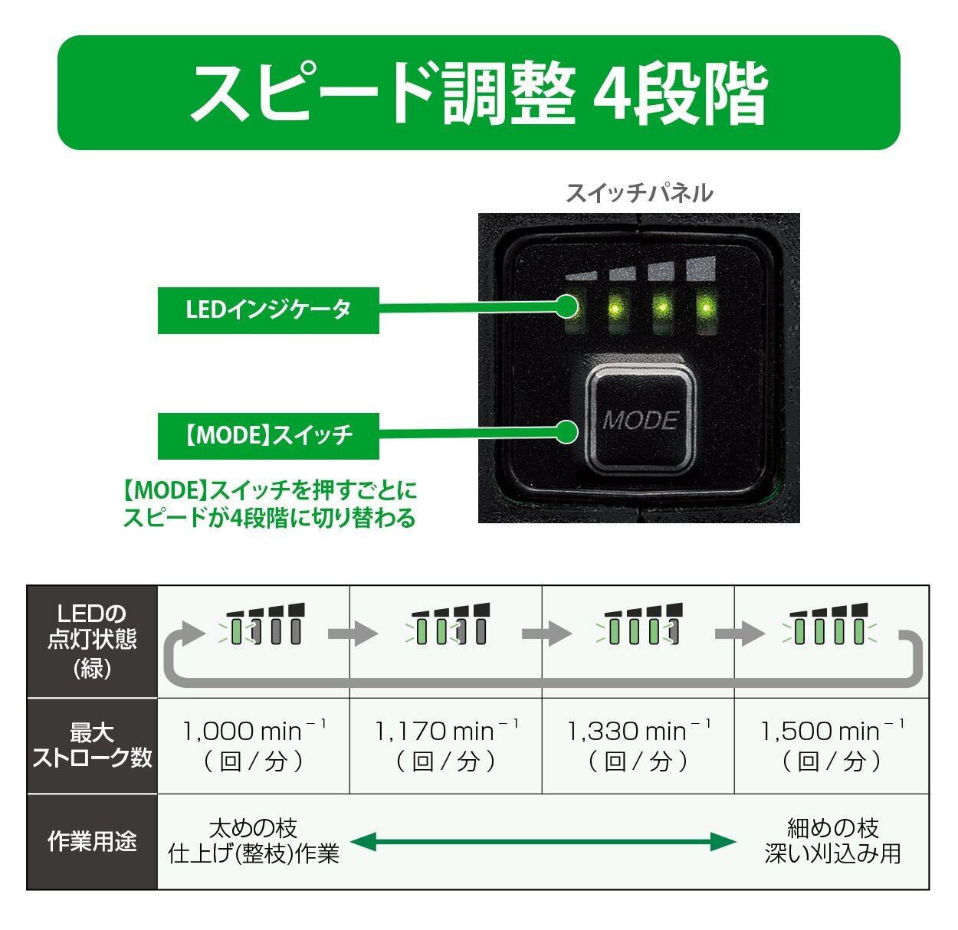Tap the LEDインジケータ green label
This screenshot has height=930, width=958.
[x=268, y=310]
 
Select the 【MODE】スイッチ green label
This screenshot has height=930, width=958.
[x=268, y=436]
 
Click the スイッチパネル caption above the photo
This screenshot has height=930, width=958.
[x=639, y=192]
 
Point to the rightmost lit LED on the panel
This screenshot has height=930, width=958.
[x=705, y=308]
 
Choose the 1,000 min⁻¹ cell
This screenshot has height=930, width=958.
[x=254, y=745]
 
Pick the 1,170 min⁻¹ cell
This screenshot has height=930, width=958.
[x=446, y=745]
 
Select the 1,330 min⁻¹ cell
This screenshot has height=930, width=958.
[x=638, y=745]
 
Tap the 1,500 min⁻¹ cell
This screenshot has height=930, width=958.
[x=832, y=745]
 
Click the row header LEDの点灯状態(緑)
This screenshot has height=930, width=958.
[x=92, y=641]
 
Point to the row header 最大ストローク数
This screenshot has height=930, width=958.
[x=92, y=745]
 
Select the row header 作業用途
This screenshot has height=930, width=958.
[x=92, y=841]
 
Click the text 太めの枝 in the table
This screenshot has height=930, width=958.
[x=254, y=829]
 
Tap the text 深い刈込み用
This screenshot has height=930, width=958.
[x=832, y=853]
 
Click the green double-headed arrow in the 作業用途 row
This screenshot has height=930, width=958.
[x=543, y=841]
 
